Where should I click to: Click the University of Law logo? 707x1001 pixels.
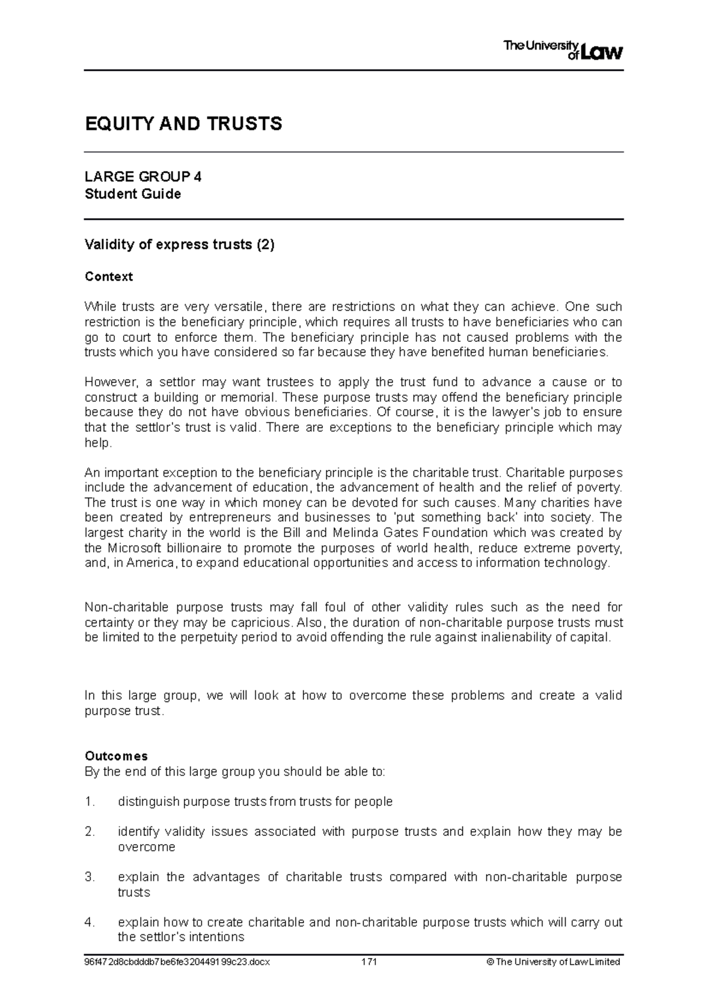point(563,50)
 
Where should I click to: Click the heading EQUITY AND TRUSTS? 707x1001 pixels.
point(183,124)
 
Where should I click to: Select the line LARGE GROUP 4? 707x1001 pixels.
point(143,177)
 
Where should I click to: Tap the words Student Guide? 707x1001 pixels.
point(133,194)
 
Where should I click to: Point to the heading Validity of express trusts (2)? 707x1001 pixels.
point(180,245)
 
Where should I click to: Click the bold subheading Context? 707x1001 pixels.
point(108,276)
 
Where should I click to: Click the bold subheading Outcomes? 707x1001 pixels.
point(116,756)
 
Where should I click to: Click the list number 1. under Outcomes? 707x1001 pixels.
point(90,802)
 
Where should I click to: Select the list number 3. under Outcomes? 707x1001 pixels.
point(90,877)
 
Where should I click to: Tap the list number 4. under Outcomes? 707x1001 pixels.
point(90,923)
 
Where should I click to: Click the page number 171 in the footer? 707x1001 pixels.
point(369,962)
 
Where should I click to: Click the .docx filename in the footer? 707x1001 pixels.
point(177,962)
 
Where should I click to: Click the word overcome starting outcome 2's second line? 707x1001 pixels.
point(146,847)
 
